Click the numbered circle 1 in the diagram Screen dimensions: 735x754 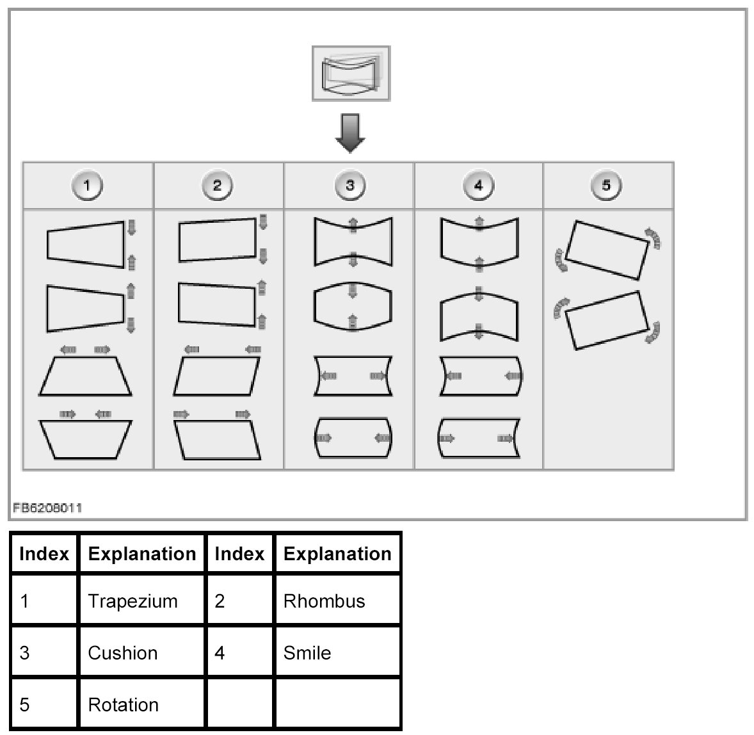click(x=88, y=186)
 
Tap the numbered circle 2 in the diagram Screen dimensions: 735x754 click(x=217, y=186)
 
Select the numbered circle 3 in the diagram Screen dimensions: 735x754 click(x=349, y=186)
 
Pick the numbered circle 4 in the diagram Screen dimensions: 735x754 click(x=479, y=186)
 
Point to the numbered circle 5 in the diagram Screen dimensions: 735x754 click(x=606, y=186)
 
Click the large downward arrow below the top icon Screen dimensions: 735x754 click(x=350, y=133)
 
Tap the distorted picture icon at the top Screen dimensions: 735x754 click(x=351, y=74)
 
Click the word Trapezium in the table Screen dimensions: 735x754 click(x=132, y=601)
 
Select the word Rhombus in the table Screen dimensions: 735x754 click(x=324, y=601)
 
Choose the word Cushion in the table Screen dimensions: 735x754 click(x=122, y=653)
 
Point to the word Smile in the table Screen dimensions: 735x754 click(x=307, y=653)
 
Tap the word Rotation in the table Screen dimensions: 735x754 click(x=123, y=705)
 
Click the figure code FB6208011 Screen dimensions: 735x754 click(x=47, y=508)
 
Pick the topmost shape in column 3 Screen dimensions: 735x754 click(x=353, y=242)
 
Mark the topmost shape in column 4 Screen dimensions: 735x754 click(x=479, y=242)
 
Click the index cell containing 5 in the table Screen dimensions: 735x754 click(x=25, y=705)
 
